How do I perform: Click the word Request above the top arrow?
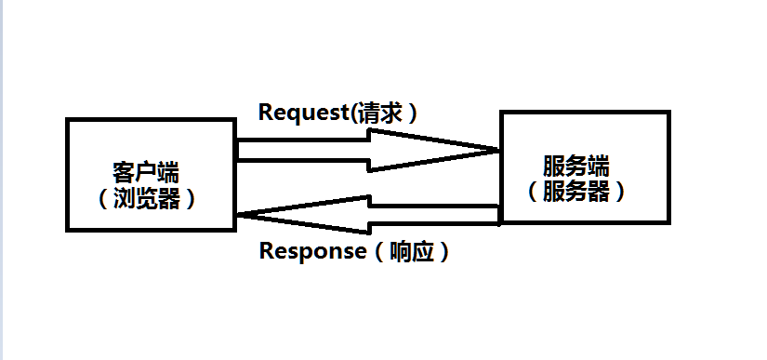pos(301,113)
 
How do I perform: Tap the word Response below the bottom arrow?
pos(311,251)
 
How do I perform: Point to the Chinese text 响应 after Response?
pos(414,251)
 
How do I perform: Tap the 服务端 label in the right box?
pos(575,167)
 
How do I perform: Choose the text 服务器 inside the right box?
pos(575,191)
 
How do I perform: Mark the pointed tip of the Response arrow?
pos(240,215)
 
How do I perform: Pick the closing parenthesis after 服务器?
pos(619,191)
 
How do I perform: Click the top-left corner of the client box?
pos(68,120)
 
